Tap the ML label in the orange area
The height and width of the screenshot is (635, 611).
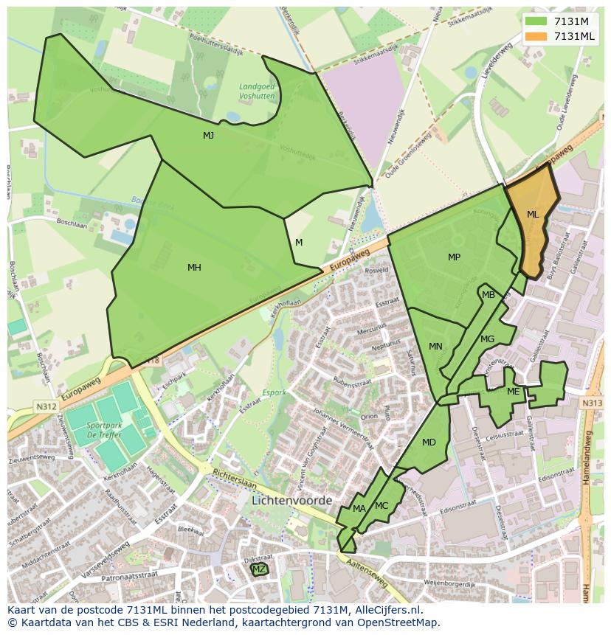[x=533, y=215]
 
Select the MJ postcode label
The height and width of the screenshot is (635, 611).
[x=209, y=136]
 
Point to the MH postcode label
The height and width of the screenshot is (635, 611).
[x=194, y=268]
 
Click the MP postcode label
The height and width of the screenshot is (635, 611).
[x=454, y=257]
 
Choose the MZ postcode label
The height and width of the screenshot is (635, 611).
[x=259, y=569]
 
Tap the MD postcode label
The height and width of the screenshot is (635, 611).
[x=429, y=443]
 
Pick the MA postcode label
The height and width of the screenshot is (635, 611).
[x=359, y=509]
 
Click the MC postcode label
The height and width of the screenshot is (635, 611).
[x=382, y=506]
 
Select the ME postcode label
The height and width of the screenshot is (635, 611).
[x=514, y=392]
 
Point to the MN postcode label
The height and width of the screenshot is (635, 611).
[x=435, y=347]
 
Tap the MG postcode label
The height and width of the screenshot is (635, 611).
[x=487, y=339]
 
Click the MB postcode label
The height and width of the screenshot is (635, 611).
[x=489, y=295]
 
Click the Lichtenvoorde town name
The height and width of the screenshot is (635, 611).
[x=292, y=500]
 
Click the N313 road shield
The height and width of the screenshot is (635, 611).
[x=591, y=403]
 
